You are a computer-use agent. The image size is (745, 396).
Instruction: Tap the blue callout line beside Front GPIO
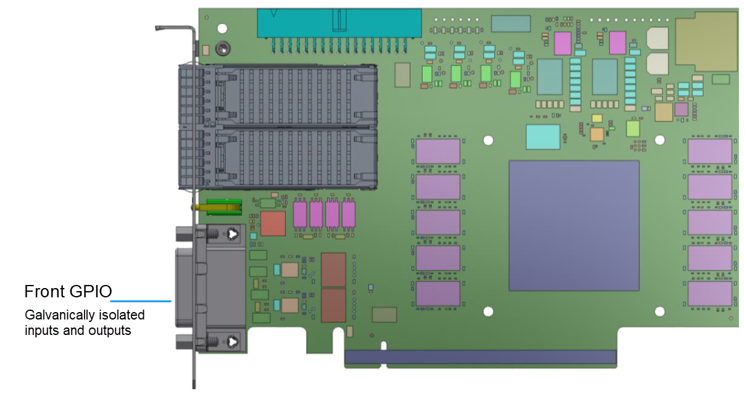[140, 301]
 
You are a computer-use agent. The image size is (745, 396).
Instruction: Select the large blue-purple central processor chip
[573, 225]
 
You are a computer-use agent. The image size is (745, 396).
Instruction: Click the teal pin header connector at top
[339, 23]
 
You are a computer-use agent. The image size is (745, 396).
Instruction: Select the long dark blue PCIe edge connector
[480, 357]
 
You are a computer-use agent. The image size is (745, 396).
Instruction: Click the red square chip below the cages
[273, 223]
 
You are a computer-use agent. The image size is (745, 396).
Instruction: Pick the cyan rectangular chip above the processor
[543, 136]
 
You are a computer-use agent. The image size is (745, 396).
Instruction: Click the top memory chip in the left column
[438, 151]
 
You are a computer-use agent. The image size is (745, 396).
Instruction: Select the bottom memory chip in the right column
[710, 294]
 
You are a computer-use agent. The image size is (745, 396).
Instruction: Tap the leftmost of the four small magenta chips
[300, 214]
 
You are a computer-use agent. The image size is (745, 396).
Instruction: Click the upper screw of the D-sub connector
[232, 233]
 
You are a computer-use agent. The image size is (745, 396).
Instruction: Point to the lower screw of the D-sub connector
[232, 340]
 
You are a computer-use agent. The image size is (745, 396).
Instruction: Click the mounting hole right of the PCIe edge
[659, 311]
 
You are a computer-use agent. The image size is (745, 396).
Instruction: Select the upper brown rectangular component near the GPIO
[333, 270]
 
